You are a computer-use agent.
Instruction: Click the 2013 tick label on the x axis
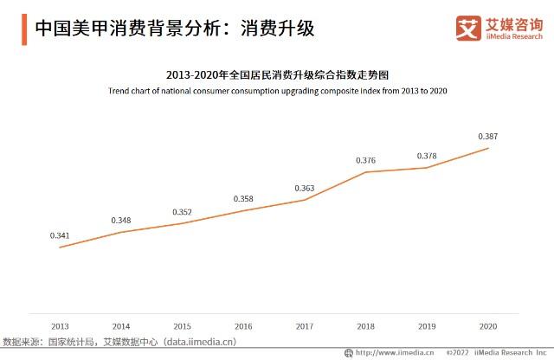[59, 326]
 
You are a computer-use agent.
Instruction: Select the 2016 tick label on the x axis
[243, 326]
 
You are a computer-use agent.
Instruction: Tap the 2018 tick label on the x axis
[366, 326]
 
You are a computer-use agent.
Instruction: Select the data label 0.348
[120, 220]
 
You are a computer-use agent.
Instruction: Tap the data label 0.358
[243, 198]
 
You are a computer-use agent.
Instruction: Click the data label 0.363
[305, 188]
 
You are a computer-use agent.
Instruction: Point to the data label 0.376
[366, 160]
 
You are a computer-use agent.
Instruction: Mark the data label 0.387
[489, 136]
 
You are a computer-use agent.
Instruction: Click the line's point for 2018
[366, 172]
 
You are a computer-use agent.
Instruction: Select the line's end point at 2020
[489, 148]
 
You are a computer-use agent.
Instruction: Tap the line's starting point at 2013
[59, 247]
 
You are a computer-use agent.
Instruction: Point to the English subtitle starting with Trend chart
[277, 90]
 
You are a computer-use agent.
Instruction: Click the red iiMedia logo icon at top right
[467, 28]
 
